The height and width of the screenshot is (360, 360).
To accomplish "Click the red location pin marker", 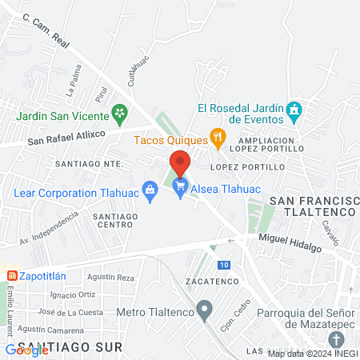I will coord(180,162).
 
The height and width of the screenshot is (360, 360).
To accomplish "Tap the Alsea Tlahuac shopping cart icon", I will coord(180,189).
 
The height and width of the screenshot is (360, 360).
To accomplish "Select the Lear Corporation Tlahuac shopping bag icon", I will coord(149,189).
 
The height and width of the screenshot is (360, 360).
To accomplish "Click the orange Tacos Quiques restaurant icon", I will coord(217,139).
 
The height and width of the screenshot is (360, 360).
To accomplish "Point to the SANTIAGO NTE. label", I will coord(89,162).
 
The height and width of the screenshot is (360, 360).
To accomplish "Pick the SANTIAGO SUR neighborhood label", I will coord(72,347).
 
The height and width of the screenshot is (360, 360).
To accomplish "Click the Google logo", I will coord(26,350).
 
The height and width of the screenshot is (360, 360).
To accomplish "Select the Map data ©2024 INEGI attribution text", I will coord(312,354).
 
